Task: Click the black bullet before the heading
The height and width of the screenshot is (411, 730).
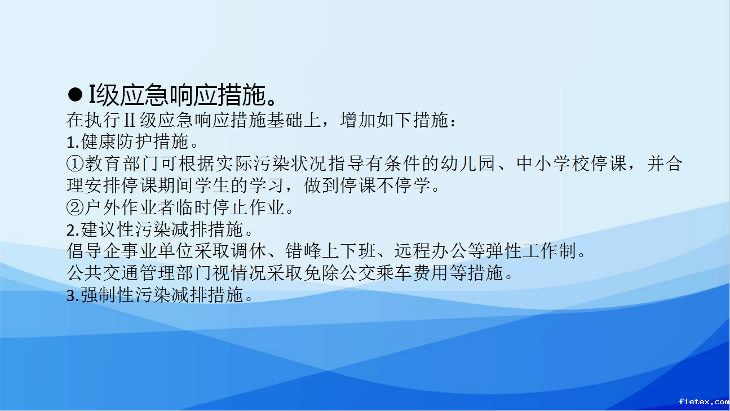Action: [x=75, y=95]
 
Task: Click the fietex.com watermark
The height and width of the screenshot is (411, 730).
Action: [x=704, y=401]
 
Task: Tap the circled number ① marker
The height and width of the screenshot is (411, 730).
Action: [x=75, y=163]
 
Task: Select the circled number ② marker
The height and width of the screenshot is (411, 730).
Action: [x=75, y=207]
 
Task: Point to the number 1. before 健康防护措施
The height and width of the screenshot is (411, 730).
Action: [x=73, y=143]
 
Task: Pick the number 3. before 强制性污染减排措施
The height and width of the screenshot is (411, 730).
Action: [x=73, y=295]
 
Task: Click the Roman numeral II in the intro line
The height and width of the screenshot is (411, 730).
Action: [x=130, y=120]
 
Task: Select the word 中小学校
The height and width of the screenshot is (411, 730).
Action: [x=552, y=163]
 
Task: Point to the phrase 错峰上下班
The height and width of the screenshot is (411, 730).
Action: [x=330, y=251]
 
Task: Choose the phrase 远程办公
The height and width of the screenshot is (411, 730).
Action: [x=431, y=251]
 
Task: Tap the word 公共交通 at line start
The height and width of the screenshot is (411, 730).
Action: [x=103, y=273]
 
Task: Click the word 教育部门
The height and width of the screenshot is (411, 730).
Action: [x=121, y=163]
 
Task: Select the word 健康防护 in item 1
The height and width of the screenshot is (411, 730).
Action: [x=116, y=142]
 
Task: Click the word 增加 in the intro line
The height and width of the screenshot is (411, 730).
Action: [x=357, y=120]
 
